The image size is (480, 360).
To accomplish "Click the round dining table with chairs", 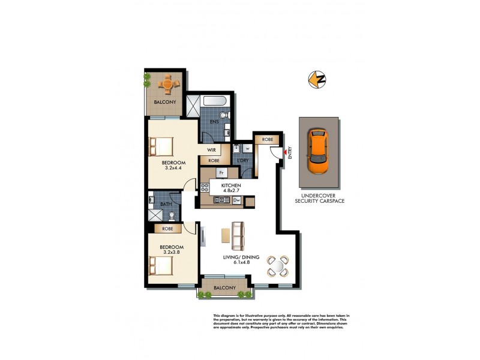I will click(278, 265).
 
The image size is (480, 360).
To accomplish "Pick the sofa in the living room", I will click(238, 236).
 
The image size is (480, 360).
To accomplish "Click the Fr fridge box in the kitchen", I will click(221, 173).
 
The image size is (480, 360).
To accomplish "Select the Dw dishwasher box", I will click(236, 200).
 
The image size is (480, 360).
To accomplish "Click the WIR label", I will click(211, 149).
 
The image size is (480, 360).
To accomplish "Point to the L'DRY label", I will click(242, 161).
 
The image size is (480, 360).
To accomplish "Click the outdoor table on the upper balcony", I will click(167, 84).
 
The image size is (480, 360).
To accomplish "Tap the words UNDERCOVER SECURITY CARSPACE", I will click(319, 199).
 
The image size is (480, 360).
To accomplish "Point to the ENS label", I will click(214, 122).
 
